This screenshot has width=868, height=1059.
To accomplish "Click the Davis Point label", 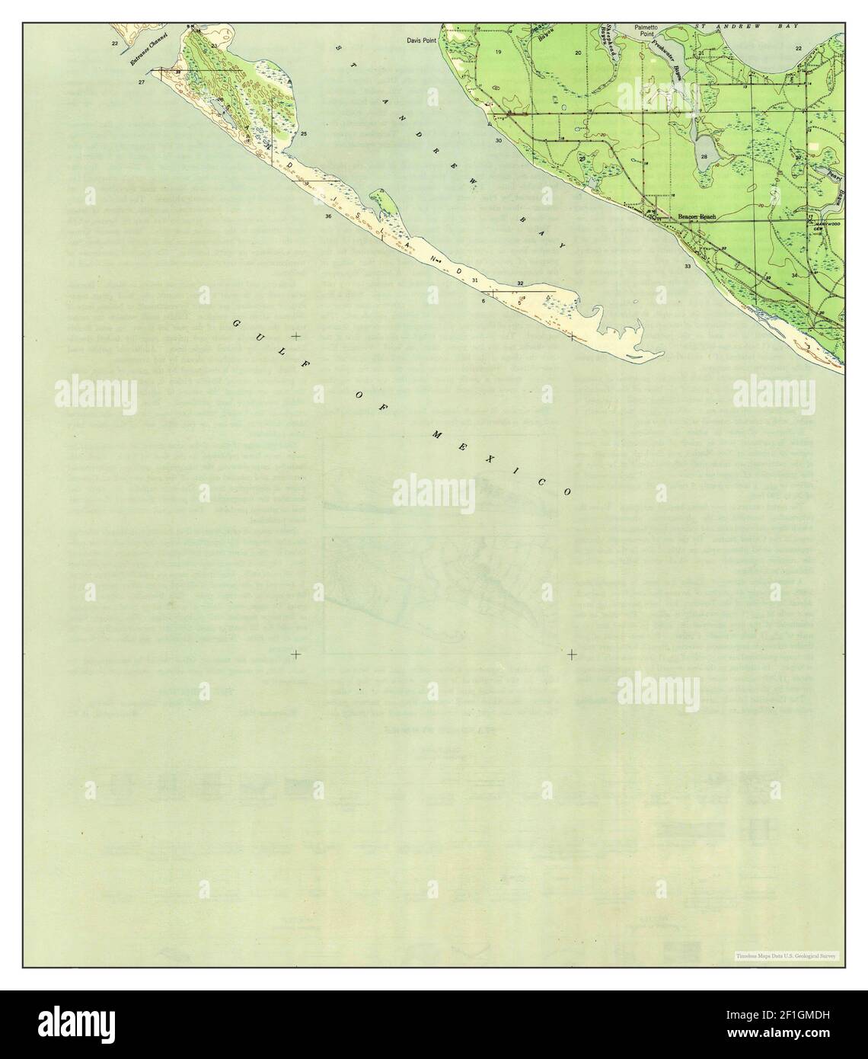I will pos(421,40).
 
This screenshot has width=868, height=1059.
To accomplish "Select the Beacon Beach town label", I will pos(697,217).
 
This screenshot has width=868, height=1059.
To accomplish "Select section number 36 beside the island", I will pos(328,217).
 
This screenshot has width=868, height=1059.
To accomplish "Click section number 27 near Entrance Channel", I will pos(142,81).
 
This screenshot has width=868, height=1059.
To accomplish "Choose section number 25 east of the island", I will pos(304,134).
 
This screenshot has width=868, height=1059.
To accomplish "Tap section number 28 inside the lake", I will pos(704,157).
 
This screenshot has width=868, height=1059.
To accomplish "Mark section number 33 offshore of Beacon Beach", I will pos(688,267).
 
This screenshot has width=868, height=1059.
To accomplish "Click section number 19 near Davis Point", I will pos(498,52).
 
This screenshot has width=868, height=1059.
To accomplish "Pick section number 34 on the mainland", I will pos(794,275).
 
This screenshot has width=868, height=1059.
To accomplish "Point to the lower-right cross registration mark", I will pos(572,654).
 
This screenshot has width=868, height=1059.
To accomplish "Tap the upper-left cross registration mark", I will pos(295,336).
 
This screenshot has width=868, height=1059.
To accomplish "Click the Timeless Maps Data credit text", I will pos(785,955).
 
